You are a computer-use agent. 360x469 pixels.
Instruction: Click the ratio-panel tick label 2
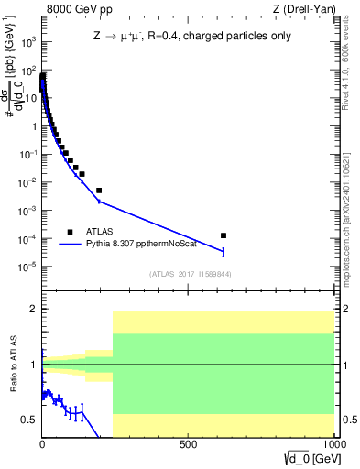pos(32,310)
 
